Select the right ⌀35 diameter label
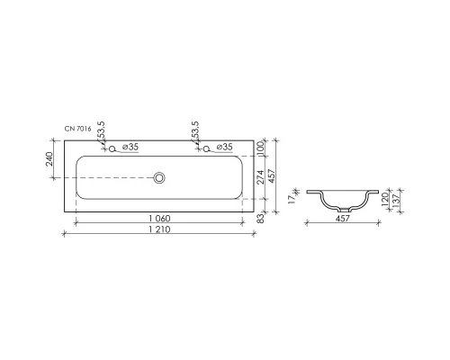coord(223,147)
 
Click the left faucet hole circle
coord(112,148)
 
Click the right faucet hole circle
coord(206,148)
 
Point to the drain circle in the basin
coord(159,178)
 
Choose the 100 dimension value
coord(259,147)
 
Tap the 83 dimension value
coord(259,216)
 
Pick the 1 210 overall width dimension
coord(159,231)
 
